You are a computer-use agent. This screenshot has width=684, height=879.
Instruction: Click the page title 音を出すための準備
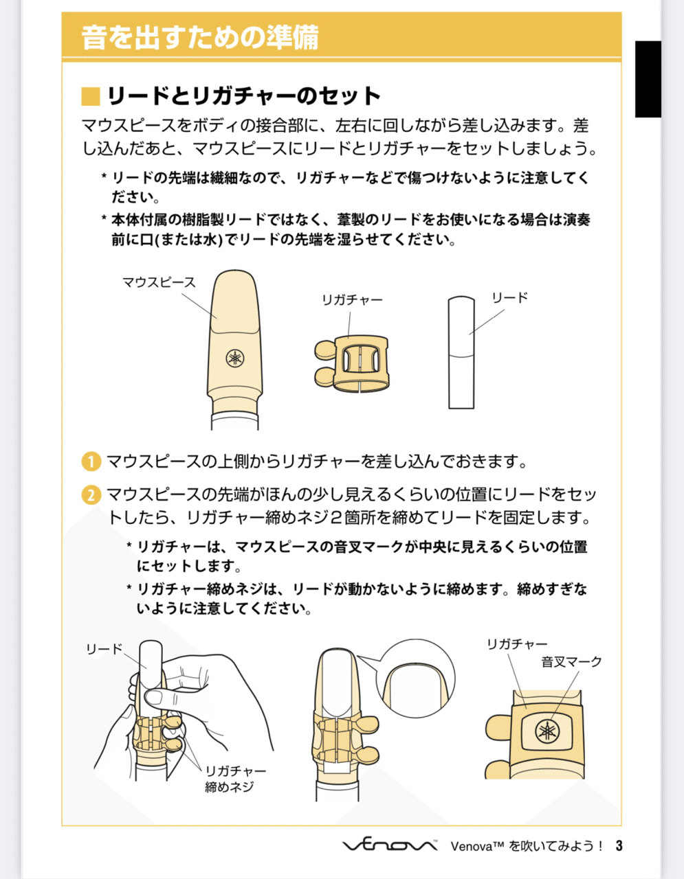[200, 37]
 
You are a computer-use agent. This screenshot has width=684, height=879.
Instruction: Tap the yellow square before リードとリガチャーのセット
[91, 96]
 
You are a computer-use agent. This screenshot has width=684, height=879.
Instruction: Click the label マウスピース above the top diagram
[159, 282]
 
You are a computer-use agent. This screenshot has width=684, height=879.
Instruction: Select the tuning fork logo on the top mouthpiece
[235, 358]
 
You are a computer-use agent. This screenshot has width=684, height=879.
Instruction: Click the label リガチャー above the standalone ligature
[353, 300]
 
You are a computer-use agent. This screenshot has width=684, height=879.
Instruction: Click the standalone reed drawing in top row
[461, 354]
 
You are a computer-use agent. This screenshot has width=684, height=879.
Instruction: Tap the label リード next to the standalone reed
[509, 298]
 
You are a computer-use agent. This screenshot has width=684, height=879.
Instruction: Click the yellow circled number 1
[91, 461]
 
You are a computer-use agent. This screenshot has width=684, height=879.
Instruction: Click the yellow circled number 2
[91, 494]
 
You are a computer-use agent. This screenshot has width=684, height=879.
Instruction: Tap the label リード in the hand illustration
[104, 649]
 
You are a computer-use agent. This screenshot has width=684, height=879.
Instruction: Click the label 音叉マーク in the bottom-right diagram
[571, 662]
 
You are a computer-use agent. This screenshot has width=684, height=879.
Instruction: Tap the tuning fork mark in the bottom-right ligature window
[547, 732]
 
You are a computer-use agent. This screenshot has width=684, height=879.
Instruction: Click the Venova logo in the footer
[390, 845]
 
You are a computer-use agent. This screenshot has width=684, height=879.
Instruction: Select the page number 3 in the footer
[619, 845]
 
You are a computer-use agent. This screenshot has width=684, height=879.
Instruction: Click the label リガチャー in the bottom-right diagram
[517, 644]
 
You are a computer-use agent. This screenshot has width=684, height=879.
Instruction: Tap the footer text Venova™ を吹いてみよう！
[527, 846]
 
